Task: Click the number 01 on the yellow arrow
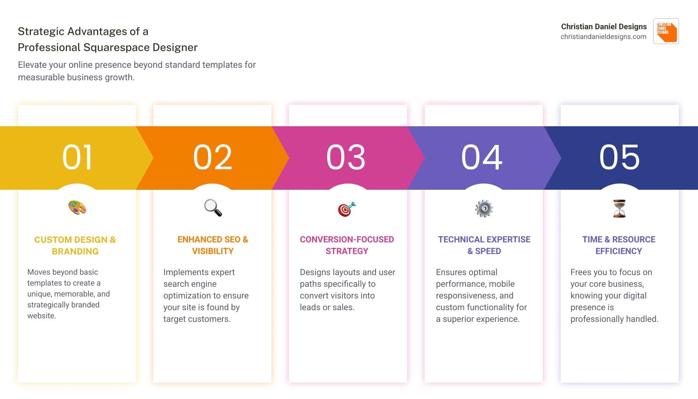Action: pyautogui.click(x=77, y=157)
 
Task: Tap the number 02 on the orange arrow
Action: pyautogui.click(x=213, y=157)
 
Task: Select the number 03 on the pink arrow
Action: pyautogui.click(x=346, y=157)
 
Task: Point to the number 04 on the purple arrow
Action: pyautogui.click(x=482, y=157)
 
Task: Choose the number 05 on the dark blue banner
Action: pyautogui.click(x=619, y=157)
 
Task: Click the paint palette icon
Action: pyautogui.click(x=77, y=208)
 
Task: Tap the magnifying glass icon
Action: pyautogui.click(x=213, y=208)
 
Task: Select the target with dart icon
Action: pyautogui.click(x=347, y=209)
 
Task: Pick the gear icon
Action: pyautogui.click(x=484, y=208)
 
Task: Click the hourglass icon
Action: pyautogui.click(x=619, y=208)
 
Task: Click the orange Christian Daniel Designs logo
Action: pyautogui.click(x=666, y=31)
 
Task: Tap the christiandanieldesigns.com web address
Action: pyautogui.click(x=603, y=37)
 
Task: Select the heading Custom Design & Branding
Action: pyautogui.click(x=75, y=245)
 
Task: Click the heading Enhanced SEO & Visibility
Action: pyautogui.click(x=213, y=245)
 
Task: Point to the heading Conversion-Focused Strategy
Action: pyautogui.click(x=347, y=245)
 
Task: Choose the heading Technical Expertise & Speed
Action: pyautogui.click(x=484, y=245)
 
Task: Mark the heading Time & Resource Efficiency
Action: pyautogui.click(x=619, y=245)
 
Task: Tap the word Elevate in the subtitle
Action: pyautogui.click(x=32, y=65)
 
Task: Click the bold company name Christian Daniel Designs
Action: pyautogui.click(x=604, y=26)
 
